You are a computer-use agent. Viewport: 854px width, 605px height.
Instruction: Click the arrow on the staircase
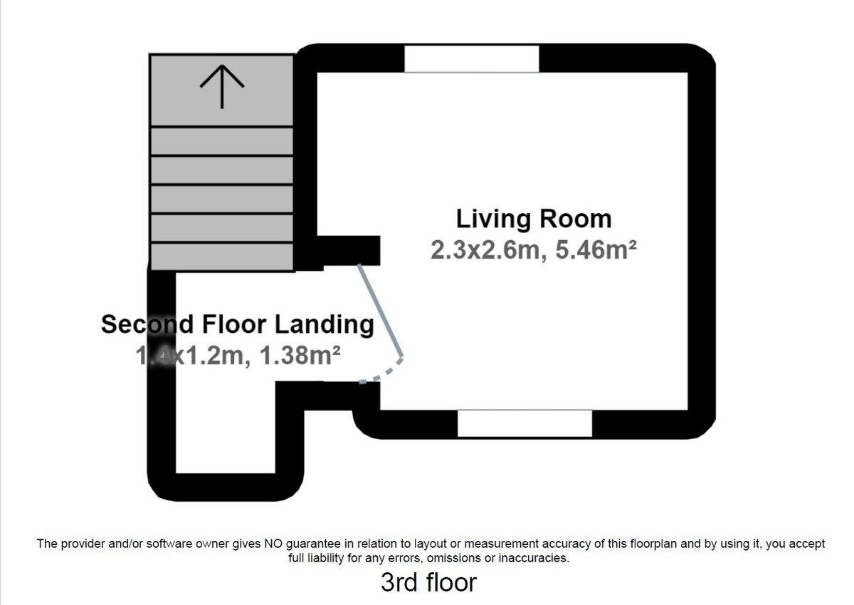pos(222,86)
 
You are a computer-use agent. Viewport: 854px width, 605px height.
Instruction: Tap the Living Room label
pos(533,219)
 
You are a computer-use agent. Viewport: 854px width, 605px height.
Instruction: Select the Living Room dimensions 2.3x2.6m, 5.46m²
pos(533,250)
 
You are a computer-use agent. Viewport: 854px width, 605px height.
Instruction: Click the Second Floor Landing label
pos(237,324)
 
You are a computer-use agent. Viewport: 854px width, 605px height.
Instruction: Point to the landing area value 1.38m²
pos(300,355)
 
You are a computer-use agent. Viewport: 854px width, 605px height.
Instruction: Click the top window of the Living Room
pos(471,58)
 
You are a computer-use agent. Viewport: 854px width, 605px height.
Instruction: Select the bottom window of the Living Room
pos(524,423)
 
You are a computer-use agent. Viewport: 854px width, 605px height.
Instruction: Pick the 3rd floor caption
pos(428,582)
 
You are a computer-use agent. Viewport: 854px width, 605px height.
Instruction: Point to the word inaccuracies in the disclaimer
pos(534,558)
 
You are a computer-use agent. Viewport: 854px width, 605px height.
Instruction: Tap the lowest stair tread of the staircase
pos(222,257)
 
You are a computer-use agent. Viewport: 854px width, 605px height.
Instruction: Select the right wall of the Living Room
pos(701,242)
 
